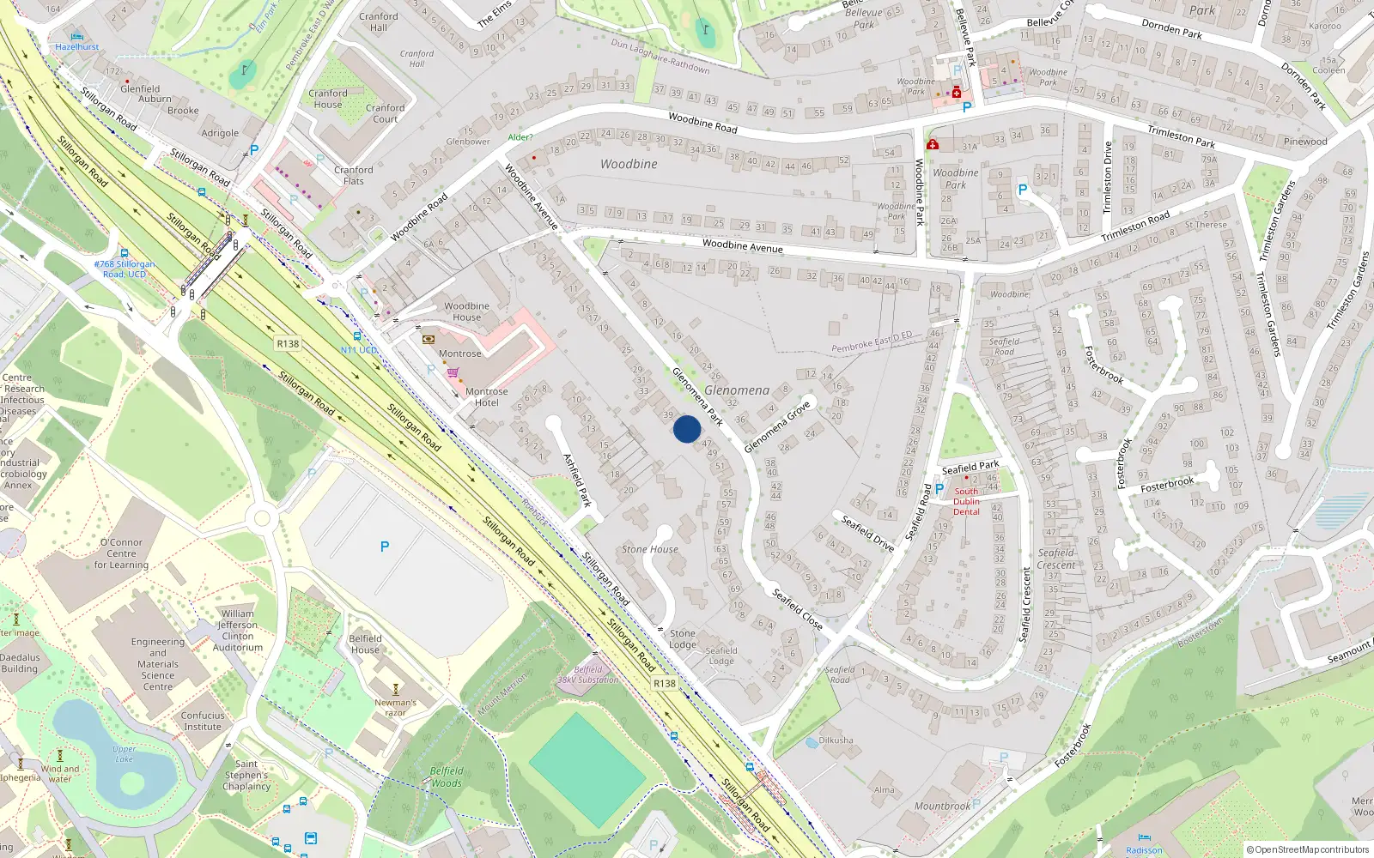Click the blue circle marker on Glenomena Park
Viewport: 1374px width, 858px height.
(x=687, y=429)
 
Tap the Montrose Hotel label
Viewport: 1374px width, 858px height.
(x=486, y=397)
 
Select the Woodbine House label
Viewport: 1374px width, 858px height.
(x=466, y=311)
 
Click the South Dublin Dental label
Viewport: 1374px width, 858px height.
(x=966, y=502)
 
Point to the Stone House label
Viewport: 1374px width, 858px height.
(x=650, y=549)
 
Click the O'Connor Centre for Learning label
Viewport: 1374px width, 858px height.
(x=121, y=553)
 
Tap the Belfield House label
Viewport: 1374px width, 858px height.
(x=365, y=643)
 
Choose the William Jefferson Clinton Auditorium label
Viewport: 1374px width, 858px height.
(x=238, y=631)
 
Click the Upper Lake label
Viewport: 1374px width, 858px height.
(x=125, y=754)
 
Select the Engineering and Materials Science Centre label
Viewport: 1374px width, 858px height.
(x=158, y=664)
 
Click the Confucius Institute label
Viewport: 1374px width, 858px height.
(x=203, y=721)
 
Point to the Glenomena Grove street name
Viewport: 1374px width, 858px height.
(x=777, y=426)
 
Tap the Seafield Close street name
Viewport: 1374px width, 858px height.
(x=797, y=609)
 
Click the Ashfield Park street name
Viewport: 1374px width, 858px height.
(x=577, y=480)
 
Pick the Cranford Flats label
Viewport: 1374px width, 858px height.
(x=354, y=176)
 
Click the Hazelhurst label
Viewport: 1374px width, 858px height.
(x=77, y=47)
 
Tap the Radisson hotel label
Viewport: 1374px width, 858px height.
(x=1144, y=850)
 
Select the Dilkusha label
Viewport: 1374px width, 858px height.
(x=836, y=740)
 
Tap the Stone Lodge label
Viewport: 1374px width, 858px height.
(x=683, y=639)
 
